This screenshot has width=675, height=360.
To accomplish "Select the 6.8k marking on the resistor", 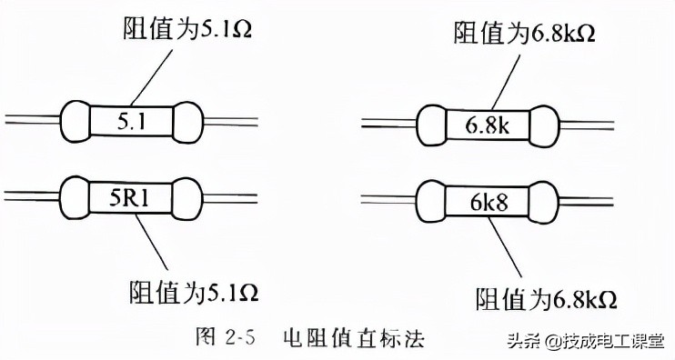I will (x=489, y=123).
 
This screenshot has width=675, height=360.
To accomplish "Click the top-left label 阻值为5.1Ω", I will (x=186, y=28).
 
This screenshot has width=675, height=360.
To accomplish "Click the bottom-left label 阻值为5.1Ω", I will (x=187, y=293).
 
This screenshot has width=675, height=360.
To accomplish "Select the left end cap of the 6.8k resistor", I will (x=432, y=123).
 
